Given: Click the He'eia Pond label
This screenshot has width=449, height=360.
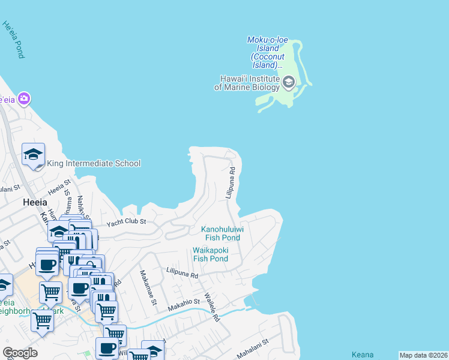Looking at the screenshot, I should pyautogui.click(x=13, y=40).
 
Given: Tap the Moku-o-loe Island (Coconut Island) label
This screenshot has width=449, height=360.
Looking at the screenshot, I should pyautogui.click(x=268, y=52).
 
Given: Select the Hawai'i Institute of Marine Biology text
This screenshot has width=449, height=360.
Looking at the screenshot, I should pyautogui.click(x=247, y=83).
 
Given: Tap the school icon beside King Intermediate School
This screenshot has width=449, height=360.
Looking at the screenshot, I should pyautogui.click(x=34, y=155).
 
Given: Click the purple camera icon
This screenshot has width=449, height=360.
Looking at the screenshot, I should pyautogui.click(x=24, y=98).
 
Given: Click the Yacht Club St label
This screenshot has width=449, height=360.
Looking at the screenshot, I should pyautogui.click(x=127, y=223).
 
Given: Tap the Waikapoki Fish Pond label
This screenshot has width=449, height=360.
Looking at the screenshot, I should pyautogui.click(x=210, y=254).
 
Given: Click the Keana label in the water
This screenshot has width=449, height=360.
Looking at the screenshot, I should pyautogui.click(x=364, y=355).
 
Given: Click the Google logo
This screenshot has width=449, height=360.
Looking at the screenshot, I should pyautogui.click(x=20, y=353).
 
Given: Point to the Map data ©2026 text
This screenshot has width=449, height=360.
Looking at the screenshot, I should pyautogui.click(x=423, y=355).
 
